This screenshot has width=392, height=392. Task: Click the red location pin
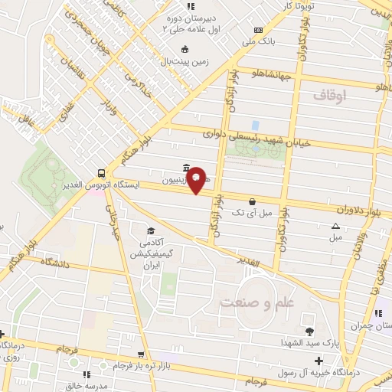click(x=197, y=179)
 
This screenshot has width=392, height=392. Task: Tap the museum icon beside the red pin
click(x=187, y=168)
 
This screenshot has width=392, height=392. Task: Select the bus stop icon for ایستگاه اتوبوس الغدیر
click(x=102, y=172)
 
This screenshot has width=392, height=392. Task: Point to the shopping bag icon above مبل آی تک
click(x=252, y=201)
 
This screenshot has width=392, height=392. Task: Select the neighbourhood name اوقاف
click(x=330, y=94)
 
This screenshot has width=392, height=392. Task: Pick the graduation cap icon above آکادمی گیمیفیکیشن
click(x=151, y=230)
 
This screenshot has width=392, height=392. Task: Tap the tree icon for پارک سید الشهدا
click(x=309, y=332)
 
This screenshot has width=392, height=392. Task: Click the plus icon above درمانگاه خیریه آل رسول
click(x=319, y=361)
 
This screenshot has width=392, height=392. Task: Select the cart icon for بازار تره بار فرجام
click(x=140, y=354)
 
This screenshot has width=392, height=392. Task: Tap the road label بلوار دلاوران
click(x=358, y=207)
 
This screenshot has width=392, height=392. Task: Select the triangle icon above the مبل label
click(x=335, y=226)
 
